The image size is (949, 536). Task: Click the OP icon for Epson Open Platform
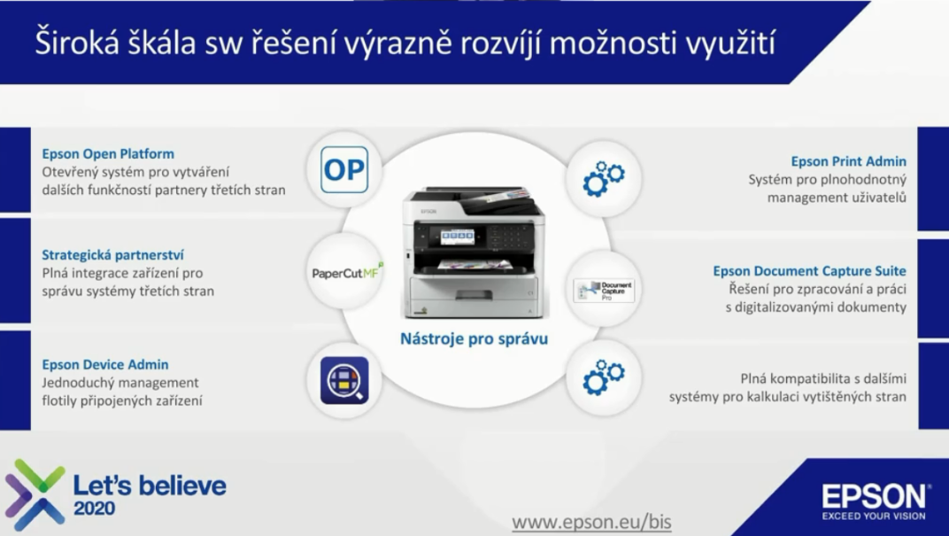click(x=344, y=170)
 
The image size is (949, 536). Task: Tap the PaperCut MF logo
click(x=348, y=273)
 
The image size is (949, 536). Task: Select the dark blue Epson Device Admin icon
click(x=344, y=380)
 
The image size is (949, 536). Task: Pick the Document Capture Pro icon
click(x=604, y=290)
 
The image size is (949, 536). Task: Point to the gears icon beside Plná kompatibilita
click(x=604, y=377)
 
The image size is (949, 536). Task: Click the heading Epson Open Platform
click(x=108, y=154)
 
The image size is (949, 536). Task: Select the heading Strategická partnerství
click(x=112, y=255)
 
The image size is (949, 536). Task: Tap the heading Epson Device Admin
click(x=105, y=365)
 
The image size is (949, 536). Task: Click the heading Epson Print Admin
click(x=849, y=162)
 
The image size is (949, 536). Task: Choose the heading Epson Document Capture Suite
click(x=810, y=271)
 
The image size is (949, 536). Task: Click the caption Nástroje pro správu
click(x=474, y=338)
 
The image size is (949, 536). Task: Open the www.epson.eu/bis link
click(x=592, y=522)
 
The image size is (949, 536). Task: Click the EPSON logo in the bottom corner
click(x=874, y=497)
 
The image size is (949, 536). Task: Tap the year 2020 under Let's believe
click(x=94, y=509)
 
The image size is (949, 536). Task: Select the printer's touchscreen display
click(x=458, y=237)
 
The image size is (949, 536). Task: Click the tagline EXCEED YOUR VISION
click(x=874, y=516)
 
